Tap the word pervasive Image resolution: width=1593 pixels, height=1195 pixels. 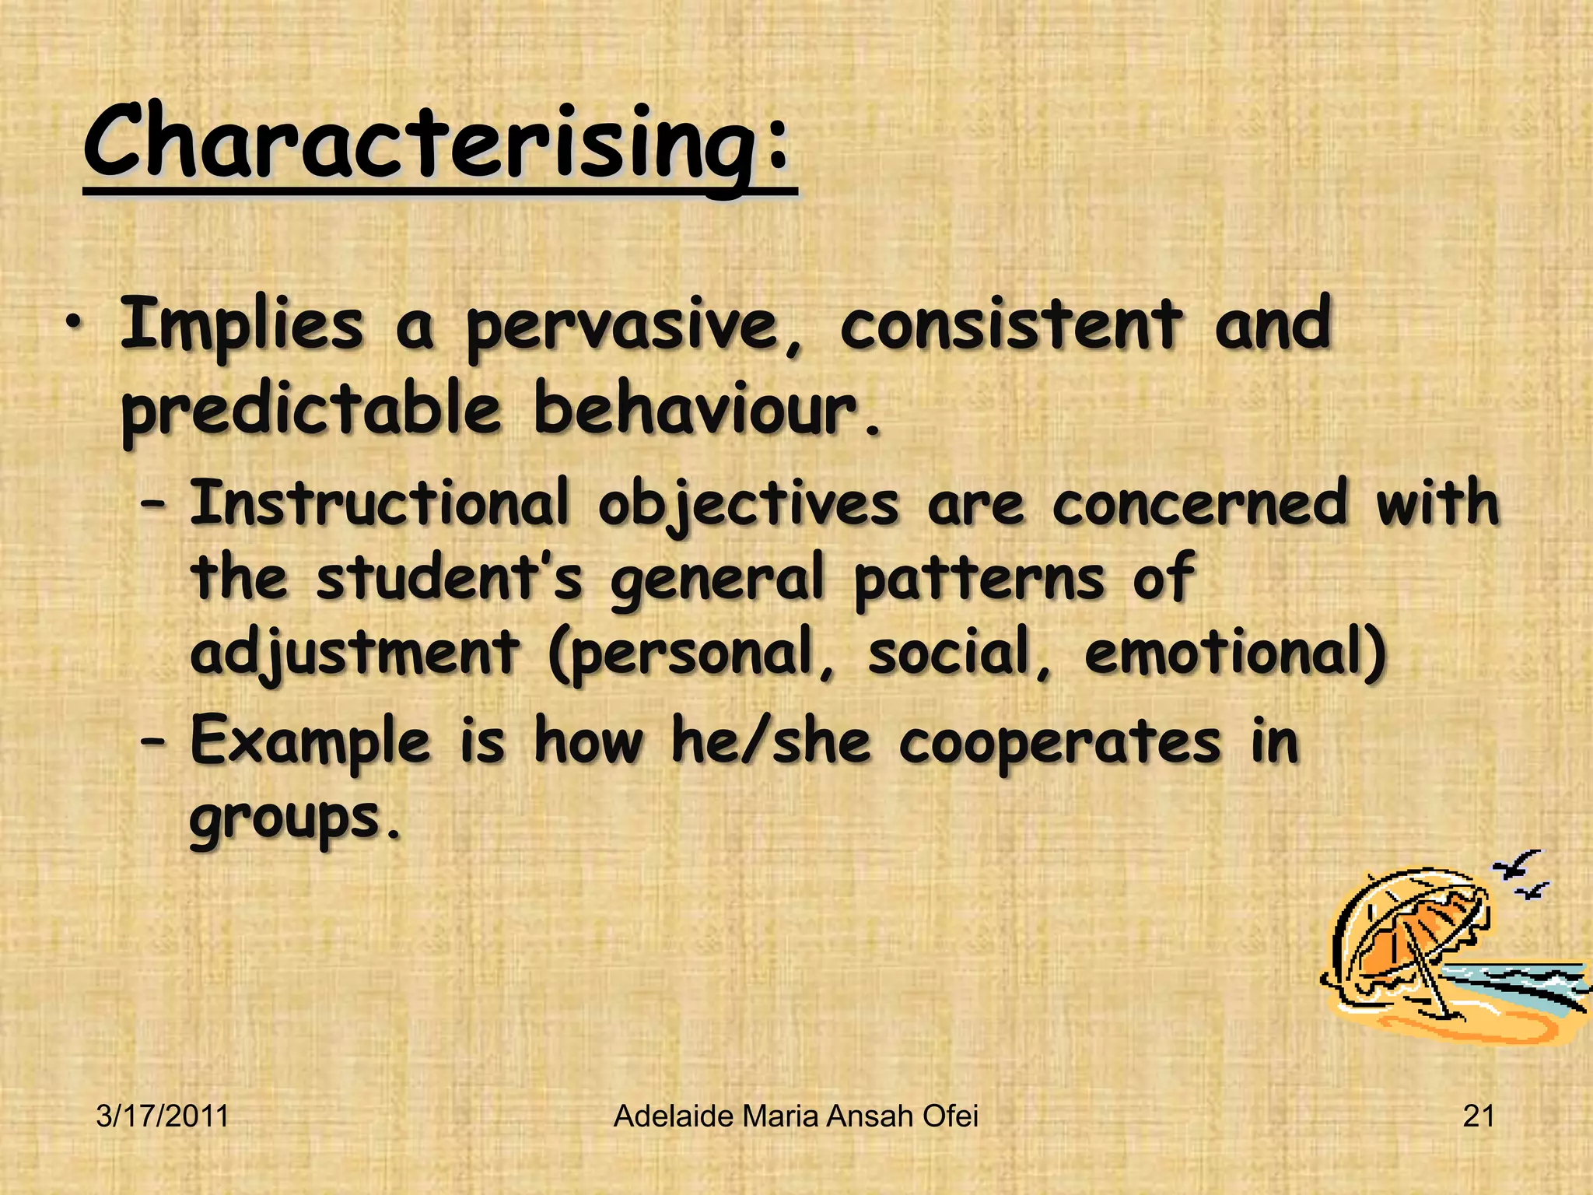(622, 327)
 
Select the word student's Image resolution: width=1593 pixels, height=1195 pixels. (449, 578)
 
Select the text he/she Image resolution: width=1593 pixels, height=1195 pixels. (771, 741)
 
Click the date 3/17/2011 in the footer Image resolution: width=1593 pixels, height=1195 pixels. (163, 1116)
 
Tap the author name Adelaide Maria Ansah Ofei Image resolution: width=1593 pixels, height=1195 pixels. (796, 1116)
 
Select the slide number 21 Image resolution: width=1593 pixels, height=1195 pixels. (1478, 1116)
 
